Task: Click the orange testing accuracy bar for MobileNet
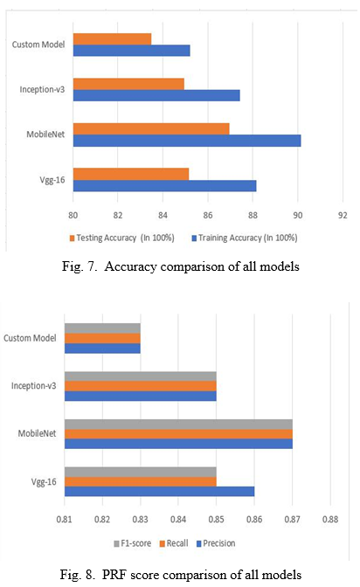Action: [151, 128]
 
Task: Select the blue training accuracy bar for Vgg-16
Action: [164, 186]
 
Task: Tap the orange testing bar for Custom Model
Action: [112, 39]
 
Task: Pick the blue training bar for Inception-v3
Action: [156, 95]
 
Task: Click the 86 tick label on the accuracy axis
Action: [208, 215]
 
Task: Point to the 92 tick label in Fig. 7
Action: [343, 215]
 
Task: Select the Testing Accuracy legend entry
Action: [121, 238]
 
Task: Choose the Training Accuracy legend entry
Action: [245, 238]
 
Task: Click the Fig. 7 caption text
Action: [181, 266]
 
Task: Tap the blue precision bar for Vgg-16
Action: [159, 491]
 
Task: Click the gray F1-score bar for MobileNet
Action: [178, 425]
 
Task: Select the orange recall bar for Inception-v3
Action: [140, 386]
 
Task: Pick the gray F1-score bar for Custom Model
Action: [102, 328]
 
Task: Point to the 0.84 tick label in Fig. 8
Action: [178, 519]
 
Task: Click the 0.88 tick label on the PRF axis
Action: [330, 519]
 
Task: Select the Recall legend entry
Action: [174, 543]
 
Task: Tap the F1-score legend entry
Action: [132, 543]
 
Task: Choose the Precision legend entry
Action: [216, 543]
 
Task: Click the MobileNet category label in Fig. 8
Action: [37, 433]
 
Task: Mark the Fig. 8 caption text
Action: [181, 574]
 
